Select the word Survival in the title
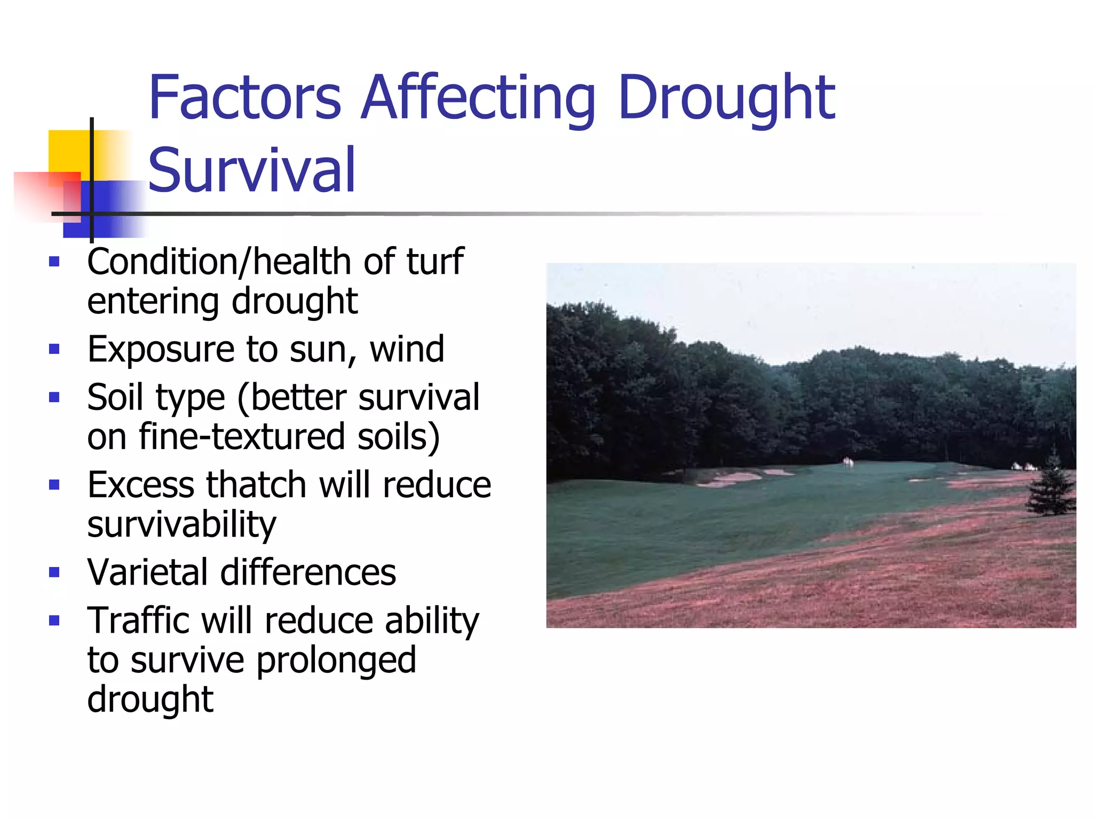(251, 170)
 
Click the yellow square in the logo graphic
(69, 152)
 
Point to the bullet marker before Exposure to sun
(54, 349)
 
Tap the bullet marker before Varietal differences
(54, 572)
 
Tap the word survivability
(181, 524)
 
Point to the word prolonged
(336, 660)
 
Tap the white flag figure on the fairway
(848, 462)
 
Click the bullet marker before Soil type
(54, 397)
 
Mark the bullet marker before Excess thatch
(54, 485)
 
